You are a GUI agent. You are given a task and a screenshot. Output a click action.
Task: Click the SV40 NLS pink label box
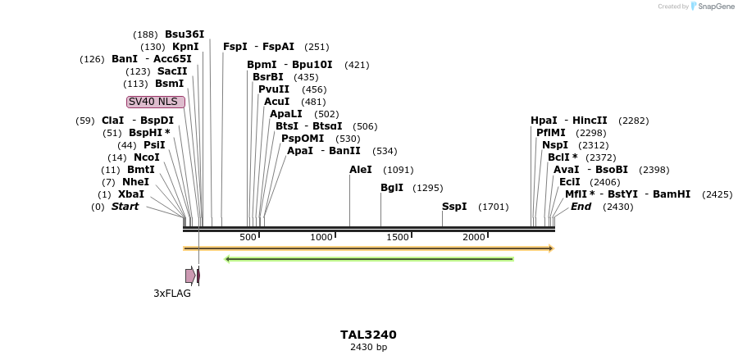(x=156, y=102)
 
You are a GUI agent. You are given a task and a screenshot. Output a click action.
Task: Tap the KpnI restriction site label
(x=184, y=47)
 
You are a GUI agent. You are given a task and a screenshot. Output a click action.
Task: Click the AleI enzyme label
(x=360, y=170)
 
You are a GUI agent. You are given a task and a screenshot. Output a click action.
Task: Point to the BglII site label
(x=391, y=188)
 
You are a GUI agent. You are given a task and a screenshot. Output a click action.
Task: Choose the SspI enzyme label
(x=453, y=207)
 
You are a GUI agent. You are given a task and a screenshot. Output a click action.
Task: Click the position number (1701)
(x=493, y=207)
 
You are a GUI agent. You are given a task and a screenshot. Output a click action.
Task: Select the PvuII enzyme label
(x=273, y=89)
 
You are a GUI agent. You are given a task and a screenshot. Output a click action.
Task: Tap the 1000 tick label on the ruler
(x=321, y=237)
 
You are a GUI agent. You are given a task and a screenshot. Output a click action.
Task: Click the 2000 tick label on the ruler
(x=474, y=237)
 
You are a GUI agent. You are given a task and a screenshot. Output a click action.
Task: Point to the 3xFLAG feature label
(x=172, y=293)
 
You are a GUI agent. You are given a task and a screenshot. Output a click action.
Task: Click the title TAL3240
(x=368, y=335)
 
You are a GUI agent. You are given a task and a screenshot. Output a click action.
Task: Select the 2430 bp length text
(x=368, y=347)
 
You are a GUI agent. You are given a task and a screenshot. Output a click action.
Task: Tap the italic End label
(x=581, y=207)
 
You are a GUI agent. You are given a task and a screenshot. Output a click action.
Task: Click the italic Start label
(x=125, y=207)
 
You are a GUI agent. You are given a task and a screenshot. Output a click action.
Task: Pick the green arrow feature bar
(x=369, y=259)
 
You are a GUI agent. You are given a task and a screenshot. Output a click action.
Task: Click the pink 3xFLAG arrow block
(x=190, y=276)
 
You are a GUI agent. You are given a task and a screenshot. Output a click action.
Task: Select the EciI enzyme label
(x=569, y=182)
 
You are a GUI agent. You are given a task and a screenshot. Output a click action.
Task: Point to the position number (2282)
(x=633, y=121)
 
